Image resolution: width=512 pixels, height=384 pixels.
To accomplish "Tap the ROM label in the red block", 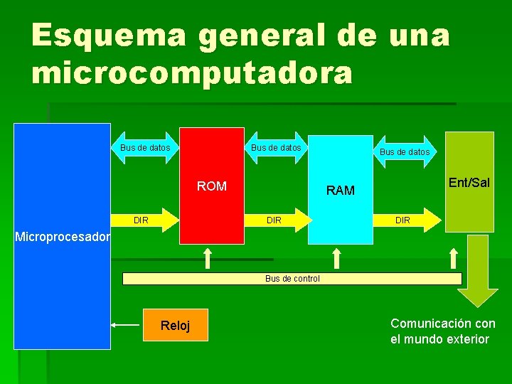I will pyautogui.click(x=211, y=186).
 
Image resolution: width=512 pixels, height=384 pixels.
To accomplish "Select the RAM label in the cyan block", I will pyautogui.click(x=340, y=190).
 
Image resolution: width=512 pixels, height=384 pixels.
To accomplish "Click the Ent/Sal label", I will pyautogui.click(x=469, y=183).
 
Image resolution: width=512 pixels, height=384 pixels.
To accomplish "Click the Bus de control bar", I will pyautogui.click(x=292, y=279).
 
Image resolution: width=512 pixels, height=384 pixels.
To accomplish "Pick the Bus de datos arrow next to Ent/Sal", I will pyautogui.click(x=405, y=151).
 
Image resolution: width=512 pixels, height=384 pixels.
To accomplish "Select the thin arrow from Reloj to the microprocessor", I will pyautogui.click(x=126, y=325).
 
